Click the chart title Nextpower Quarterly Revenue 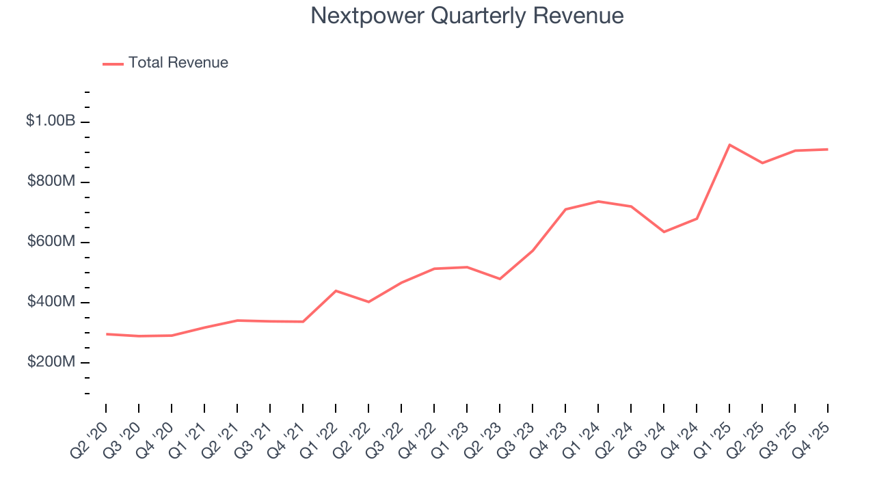coord(467,16)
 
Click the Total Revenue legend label coord(178,63)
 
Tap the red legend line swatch coord(113,64)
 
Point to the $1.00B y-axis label coord(51,121)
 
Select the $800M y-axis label coord(51,182)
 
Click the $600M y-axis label coord(51,242)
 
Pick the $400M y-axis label coord(51,302)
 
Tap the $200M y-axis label coord(51,362)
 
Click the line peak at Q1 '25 coord(729,145)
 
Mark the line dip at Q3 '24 coord(664,232)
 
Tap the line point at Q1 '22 coord(336,290)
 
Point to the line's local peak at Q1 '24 coord(598,201)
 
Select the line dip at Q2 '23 coord(500,279)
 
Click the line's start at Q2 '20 coord(106,334)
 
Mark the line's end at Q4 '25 coord(828,149)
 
